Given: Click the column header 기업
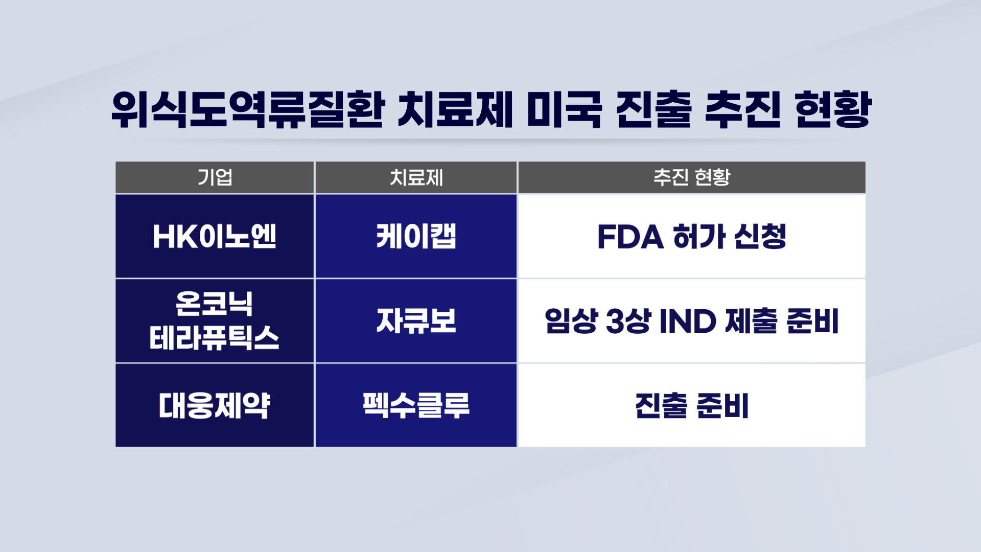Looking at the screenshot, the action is (x=215, y=177).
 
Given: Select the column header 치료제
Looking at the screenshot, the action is (x=416, y=177).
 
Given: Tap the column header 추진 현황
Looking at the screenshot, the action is (x=692, y=177).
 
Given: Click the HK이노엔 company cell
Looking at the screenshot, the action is (x=215, y=236).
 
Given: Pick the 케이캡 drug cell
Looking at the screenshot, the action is (x=416, y=236).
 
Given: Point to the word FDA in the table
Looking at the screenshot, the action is (x=630, y=237).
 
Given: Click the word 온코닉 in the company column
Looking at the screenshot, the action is (x=214, y=304).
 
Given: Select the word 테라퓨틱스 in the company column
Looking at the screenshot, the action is (x=214, y=338).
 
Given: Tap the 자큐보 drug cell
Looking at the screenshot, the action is (x=416, y=321).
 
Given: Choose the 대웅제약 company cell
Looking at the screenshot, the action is (x=215, y=405).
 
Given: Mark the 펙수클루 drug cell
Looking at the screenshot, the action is (x=416, y=405).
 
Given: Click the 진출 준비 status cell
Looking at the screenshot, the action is (x=692, y=405).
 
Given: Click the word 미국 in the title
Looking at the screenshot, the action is (x=565, y=109).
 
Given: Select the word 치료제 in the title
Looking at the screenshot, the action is (x=455, y=109).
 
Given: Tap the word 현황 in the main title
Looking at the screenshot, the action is (x=833, y=109).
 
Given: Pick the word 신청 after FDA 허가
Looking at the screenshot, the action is (x=760, y=237).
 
